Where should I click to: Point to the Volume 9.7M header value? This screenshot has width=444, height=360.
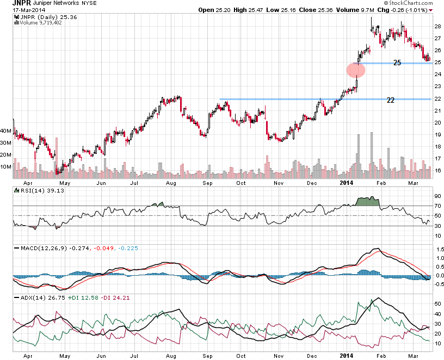(339, 10)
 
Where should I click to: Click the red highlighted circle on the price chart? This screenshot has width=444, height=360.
(356, 70)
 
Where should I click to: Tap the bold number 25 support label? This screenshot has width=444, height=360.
(397, 63)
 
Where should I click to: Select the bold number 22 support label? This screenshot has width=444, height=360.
(391, 101)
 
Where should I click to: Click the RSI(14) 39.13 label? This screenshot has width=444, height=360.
(34, 190)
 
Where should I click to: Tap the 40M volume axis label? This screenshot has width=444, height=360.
(5, 131)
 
